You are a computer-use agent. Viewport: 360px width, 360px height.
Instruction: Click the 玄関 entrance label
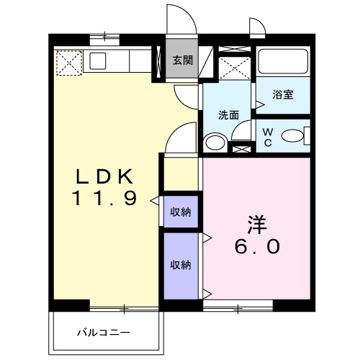[183, 60]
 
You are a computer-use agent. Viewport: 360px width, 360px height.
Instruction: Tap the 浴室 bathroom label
[283, 94]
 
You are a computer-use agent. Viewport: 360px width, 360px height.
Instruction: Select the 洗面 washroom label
[228, 115]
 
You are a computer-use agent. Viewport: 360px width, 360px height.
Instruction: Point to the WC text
[268, 138]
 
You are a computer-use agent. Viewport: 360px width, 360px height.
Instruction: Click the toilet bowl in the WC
[292, 136]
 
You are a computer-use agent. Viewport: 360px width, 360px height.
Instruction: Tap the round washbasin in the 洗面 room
[215, 143]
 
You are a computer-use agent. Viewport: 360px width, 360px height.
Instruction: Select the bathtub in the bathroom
[283, 61]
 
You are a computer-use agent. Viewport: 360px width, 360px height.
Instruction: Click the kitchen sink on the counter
[98, 61]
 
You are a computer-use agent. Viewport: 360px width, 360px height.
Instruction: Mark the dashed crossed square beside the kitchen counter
[69, 63]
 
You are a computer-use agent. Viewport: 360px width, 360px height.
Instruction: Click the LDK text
[104, 176]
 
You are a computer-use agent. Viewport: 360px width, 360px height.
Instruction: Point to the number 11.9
[104, 198]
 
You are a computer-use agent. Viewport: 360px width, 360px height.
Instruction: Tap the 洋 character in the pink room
[257, 225]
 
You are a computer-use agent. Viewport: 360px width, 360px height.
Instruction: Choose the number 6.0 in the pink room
[257, 246]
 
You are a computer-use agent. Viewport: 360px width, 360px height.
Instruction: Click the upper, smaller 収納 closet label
[181, 212]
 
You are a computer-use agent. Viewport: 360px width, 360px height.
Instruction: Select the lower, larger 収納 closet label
[181, 265]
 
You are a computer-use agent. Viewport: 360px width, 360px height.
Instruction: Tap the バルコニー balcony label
[104, 333]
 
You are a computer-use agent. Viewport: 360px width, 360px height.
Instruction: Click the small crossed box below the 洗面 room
[242, 149]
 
